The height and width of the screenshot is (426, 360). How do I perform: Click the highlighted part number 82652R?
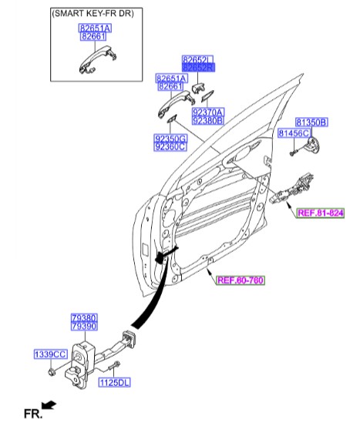click(197, 68)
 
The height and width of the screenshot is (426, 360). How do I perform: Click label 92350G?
click(170, 138)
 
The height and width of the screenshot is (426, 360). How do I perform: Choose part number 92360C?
click(170, 146)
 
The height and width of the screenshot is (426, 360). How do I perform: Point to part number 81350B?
click(311, 122)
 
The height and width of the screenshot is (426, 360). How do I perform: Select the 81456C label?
click(293, 133)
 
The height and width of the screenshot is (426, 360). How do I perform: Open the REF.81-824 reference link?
click(320, 216)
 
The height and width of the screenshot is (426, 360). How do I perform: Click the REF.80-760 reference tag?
click(239, 281)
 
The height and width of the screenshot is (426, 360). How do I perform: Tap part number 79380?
click(83, 318)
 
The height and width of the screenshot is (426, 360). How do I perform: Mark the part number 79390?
click(83, 327)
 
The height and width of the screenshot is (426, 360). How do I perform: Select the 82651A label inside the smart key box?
click(95, 27)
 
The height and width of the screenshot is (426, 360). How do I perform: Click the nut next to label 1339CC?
click(50, 372)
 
